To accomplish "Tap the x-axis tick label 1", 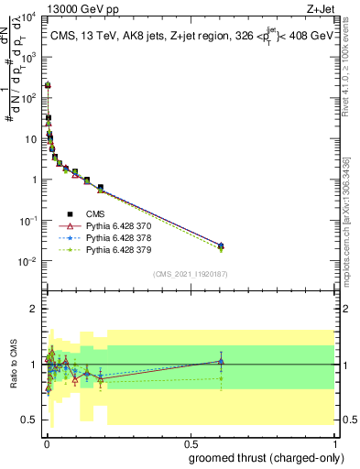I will (336, 442).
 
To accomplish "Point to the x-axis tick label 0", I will (46, 442).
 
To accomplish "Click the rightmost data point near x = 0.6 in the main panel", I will (220, 245).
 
